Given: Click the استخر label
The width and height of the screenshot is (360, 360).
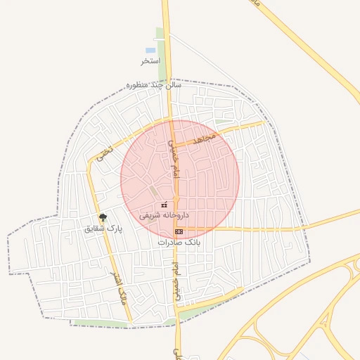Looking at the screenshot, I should [x=151, y=61].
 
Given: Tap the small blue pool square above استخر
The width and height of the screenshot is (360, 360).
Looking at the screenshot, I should [x=150, y=51].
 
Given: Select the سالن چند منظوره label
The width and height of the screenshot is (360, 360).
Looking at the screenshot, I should [x=153, y=85].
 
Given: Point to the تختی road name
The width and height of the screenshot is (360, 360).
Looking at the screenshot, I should [x=106, y=149].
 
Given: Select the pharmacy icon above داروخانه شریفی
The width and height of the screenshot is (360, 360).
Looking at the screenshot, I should [x=165, y=205].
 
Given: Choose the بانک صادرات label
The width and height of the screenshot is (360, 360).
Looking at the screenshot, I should [x=179, y=241].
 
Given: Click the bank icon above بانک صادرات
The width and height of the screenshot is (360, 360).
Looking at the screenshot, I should [x=179, y=231].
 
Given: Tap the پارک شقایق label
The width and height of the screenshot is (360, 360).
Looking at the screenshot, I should [x=103, y=229].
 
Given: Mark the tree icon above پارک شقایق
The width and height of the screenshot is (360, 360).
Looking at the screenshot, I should [x=103, y=217].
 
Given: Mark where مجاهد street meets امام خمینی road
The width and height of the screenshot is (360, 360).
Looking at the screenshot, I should [x=173, y=145].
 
